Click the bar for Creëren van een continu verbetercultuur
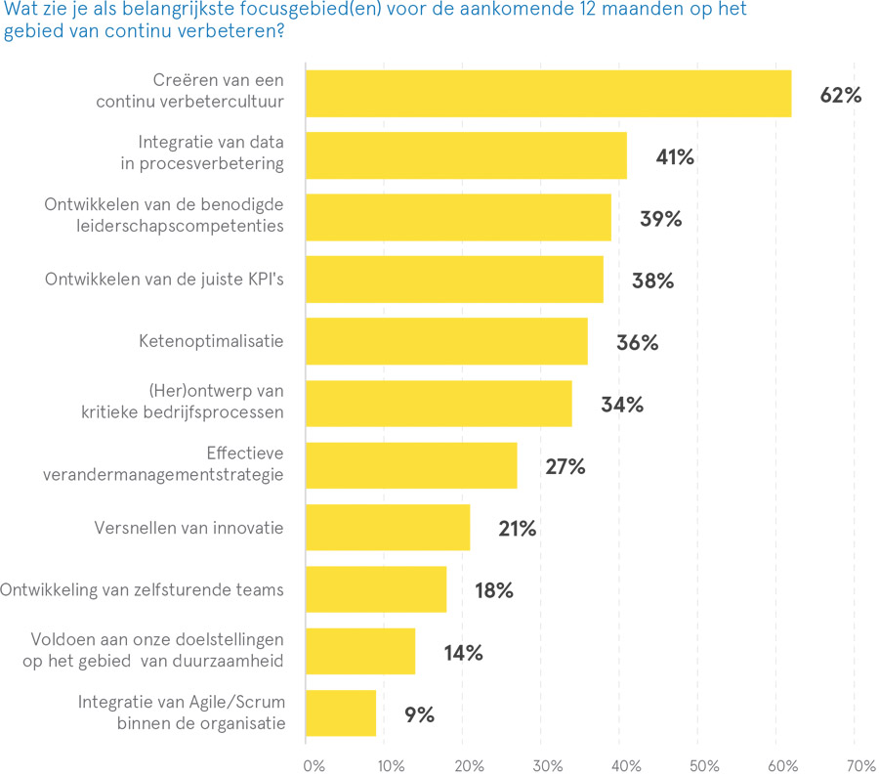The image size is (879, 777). [x=548, y=94]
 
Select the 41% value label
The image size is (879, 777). [x=675, y=156]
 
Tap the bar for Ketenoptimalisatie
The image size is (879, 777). [x=446, y=342]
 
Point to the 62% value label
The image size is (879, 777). [x=840, y=95]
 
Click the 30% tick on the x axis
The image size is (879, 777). [x=548, y=764]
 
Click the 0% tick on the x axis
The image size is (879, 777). [x=314, y=764]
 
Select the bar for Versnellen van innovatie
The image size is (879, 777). [x=388, y=528]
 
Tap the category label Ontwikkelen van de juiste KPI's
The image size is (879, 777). [x=164, y=280]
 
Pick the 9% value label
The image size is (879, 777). [x=419, y=714]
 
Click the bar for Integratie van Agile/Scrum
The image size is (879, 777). [x=341, y=713]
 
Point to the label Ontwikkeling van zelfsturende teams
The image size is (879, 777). [x=142, y=589]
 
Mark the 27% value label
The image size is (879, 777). [x=565, y=466]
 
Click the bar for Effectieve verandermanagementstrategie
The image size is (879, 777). [x=411, y=465]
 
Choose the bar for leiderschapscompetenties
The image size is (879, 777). [x=458, y=217]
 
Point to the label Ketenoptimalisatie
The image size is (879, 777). [x=210, y=341]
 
